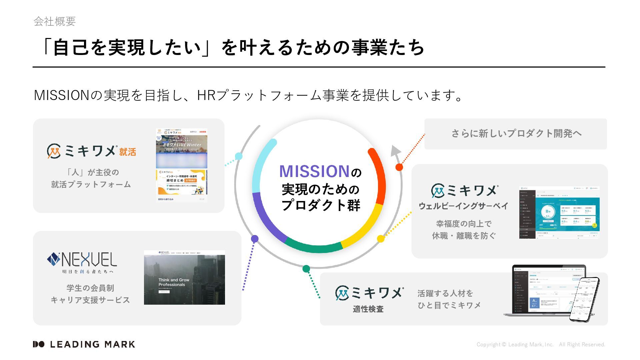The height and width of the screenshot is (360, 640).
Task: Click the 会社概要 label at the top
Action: coord(55,21)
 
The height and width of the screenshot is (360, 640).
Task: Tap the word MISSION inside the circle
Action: coord(314,171)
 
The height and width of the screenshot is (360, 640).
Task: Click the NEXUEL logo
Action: coord(82,260)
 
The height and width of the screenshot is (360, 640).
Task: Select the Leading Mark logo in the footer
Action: coord(84,344)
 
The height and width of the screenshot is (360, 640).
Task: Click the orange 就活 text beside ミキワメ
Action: coord(128,152)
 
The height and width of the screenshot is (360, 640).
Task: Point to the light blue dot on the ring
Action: coord(239,156)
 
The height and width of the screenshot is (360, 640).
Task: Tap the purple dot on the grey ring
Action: coord(255,239)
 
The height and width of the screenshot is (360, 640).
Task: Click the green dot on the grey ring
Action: coord(306,269)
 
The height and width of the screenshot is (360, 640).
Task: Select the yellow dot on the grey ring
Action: coord(381,239)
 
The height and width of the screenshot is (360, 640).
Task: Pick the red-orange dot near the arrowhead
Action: coord(399,167)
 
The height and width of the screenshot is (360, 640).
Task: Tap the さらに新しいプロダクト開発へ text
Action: coord(516,134)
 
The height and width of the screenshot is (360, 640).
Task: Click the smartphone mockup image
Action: coord(584,299)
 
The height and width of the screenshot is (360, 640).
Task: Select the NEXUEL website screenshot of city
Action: coord(184,277)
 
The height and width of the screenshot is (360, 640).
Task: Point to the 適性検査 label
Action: coord(368,309)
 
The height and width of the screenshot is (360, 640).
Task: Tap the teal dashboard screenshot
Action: coord(559,212)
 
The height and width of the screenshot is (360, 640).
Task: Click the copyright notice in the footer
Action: coord(541,345)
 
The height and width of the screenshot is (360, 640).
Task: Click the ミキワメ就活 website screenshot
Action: coord(182,165)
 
